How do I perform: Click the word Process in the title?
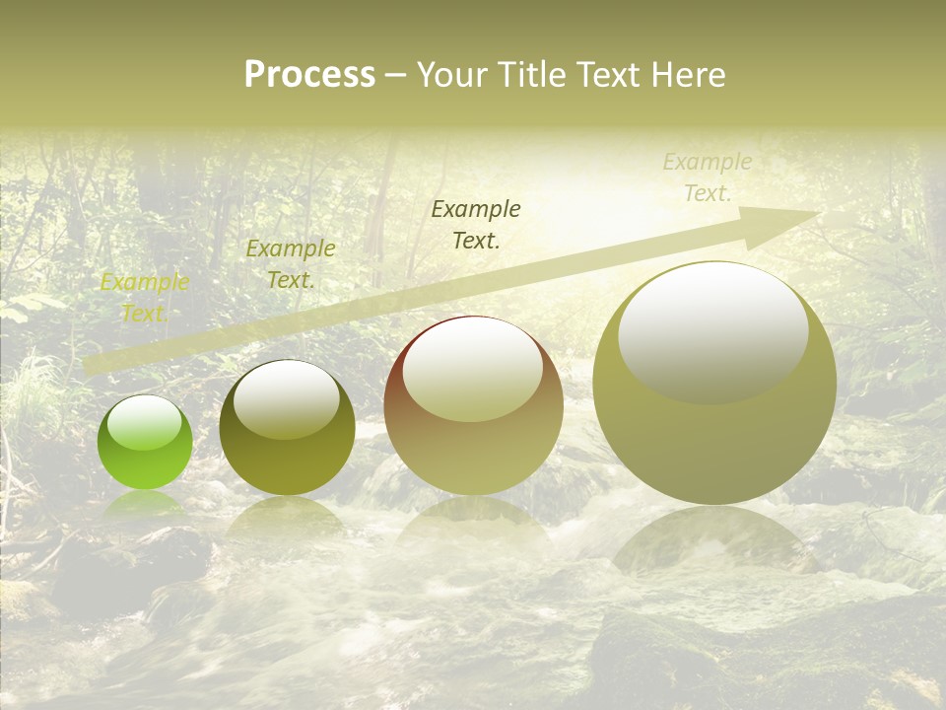click(x=309, y=75)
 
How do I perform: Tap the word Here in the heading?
click(x=689, y=75)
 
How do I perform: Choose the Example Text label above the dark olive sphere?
click(x=290, y=264)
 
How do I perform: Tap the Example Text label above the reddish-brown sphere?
click(x=476, y=224)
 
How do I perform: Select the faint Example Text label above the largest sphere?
click(x=707, y=177)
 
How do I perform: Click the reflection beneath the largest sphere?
click(x=714, y=537)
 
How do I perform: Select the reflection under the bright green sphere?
click(x=144, y=503)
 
